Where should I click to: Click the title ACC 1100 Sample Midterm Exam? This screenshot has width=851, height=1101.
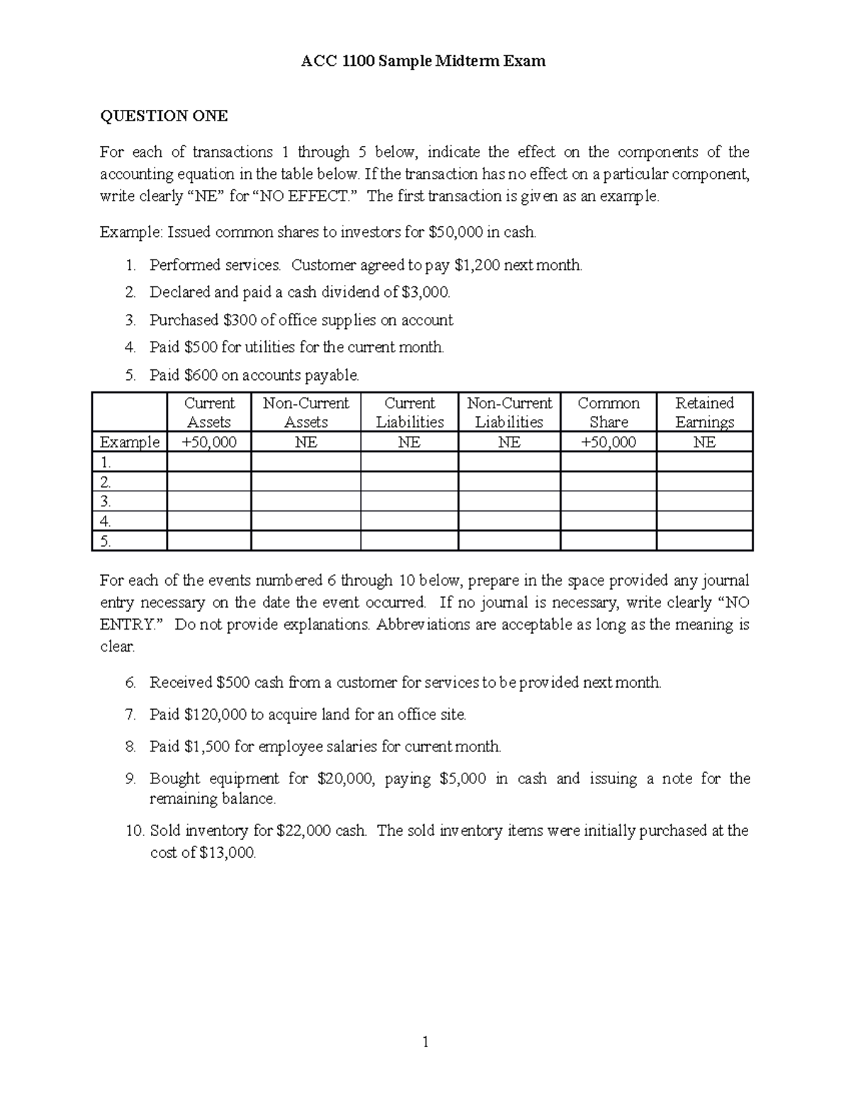coord(423,61)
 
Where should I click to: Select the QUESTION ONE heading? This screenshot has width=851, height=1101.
coord(164,116)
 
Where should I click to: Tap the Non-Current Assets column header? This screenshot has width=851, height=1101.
coord(306,412)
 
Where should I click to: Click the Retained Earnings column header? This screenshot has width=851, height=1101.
coord(704,412)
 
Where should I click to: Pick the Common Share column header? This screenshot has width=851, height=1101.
coord(608,412)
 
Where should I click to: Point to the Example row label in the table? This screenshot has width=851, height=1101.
coord(130,442)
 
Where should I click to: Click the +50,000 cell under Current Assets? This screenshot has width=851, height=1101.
coord(209,442)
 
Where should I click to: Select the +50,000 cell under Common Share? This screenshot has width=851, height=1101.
coord(608,442)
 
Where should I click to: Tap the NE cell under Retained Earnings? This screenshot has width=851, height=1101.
coord(704,442)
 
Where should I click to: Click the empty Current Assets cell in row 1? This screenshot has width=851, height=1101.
coord(209,462)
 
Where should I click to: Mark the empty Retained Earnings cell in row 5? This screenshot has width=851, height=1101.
coord(704,541)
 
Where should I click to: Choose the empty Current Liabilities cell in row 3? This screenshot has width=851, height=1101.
coord(409,501)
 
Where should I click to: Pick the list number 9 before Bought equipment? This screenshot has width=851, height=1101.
coord(130,778)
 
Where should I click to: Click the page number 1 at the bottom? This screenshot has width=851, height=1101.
coord(425,1041)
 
